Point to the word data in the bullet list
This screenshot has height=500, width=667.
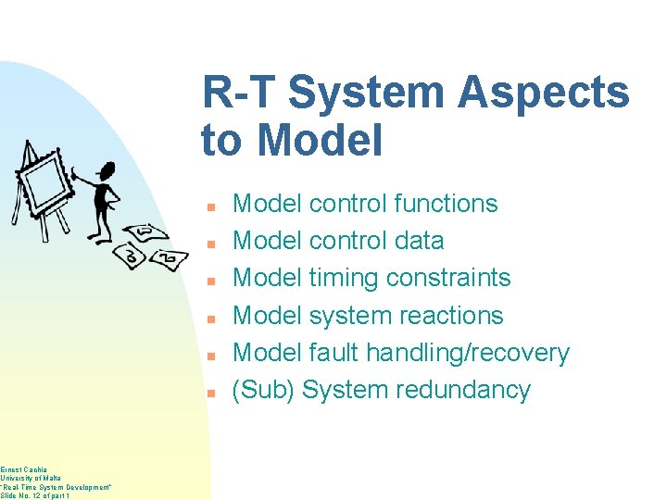(419, 241)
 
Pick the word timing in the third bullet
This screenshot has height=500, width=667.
(344, 278)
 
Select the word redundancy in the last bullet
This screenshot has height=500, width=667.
(463, 390)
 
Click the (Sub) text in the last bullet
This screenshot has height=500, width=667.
(263, 390)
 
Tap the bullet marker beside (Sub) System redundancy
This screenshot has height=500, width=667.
(211, 393)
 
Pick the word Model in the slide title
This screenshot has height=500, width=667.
(320, 141)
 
